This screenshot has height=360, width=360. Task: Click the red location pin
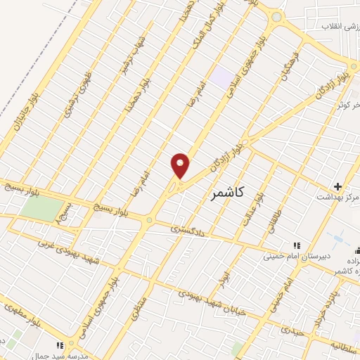[x=181, y=165]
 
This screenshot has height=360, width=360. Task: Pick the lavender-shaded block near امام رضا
[x=224, y=77]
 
